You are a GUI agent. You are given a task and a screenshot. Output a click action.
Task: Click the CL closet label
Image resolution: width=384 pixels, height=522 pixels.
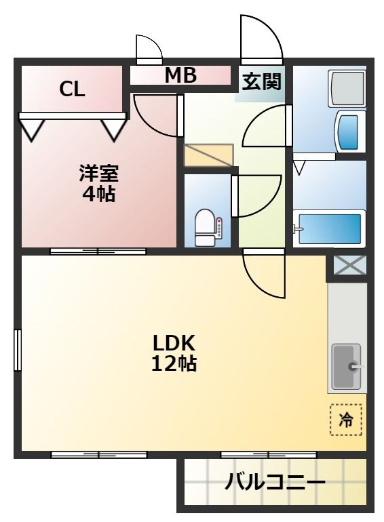(x=72, y=89)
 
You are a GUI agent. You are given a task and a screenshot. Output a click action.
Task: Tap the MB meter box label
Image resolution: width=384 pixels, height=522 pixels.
(x=180, y=76)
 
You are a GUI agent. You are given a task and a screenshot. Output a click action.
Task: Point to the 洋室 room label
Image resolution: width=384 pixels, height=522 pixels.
(x=98, y=174)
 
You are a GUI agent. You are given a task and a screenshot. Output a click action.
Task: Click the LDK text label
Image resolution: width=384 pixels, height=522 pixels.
(x=173, y=341)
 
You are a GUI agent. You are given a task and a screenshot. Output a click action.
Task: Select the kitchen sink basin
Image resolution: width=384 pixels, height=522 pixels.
(x=346, y=367)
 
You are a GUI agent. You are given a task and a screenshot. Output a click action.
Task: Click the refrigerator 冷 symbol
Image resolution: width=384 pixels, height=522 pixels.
(x=346, y=419)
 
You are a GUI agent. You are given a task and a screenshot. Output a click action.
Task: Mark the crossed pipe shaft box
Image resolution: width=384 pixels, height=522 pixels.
(x=349, y=266)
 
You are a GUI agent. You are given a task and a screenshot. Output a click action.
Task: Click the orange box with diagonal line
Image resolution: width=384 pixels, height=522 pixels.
(x=208, y=155)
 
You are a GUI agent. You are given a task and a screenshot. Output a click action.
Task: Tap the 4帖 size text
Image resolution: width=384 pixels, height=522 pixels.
(x=98, y=195)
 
